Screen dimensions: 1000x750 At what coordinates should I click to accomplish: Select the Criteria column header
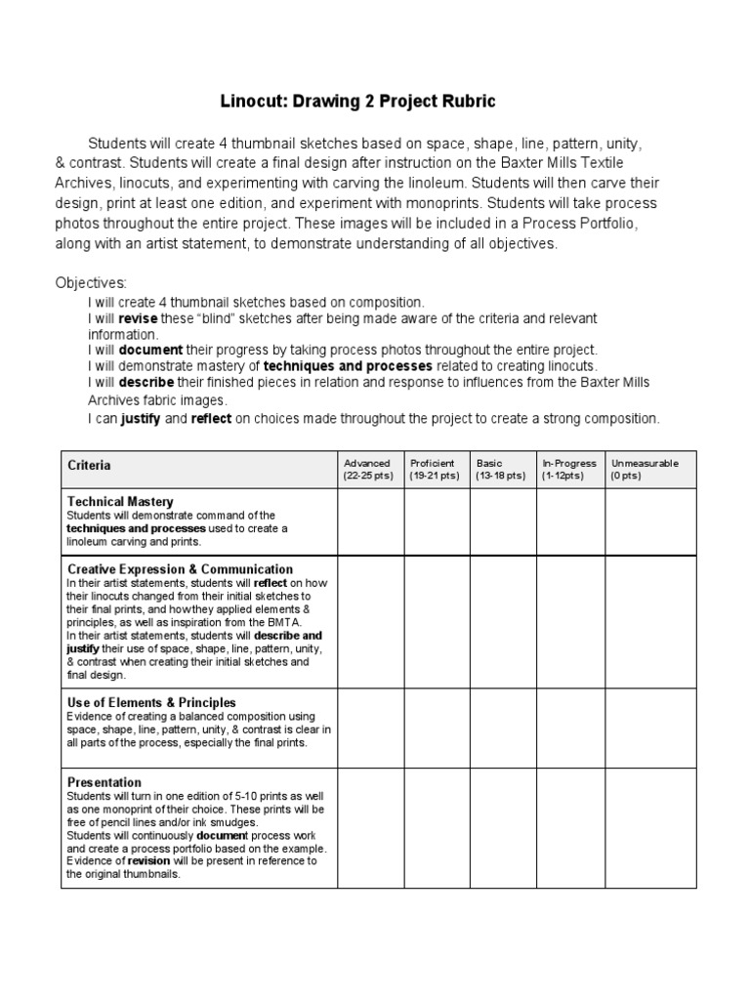(89, 466)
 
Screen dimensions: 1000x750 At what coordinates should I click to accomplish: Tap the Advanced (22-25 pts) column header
(367, 469)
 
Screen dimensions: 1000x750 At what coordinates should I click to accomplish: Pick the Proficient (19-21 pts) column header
(435, 469)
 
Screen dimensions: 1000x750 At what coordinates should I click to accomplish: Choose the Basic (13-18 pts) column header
(501, 469)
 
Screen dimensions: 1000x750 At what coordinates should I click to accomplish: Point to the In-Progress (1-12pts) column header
(569, 469)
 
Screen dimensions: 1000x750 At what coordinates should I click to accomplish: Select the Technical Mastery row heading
(120, 502)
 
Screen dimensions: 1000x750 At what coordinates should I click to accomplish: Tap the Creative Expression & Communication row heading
(180, 568)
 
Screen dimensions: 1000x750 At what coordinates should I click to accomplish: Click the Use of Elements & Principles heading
(151, 702)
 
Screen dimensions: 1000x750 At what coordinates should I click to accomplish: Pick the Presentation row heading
(104, 782)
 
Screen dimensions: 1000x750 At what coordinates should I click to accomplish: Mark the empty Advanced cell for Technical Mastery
(370, 521)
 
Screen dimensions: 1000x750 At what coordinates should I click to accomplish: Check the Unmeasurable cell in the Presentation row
(650, 829)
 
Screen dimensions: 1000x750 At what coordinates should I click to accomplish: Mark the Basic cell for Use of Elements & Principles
(502, 728)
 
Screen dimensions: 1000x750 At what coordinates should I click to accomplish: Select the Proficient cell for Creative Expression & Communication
(437, 622)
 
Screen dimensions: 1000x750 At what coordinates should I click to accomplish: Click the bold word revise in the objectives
(137, 319)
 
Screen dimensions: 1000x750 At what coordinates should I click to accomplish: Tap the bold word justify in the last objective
(140, 418)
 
